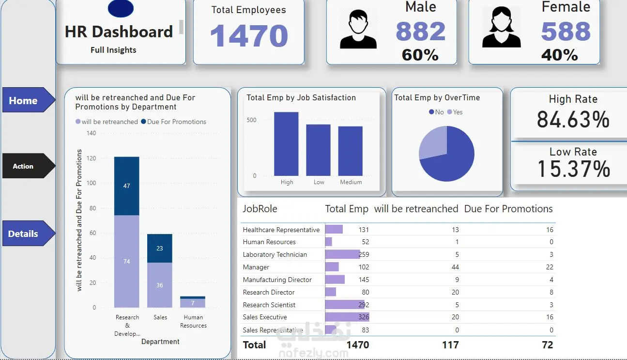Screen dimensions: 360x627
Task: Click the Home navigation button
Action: click(x=27, y=100)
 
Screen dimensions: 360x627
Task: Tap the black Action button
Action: click(x=27, y=166)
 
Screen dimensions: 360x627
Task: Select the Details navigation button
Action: click(x=27, y=234)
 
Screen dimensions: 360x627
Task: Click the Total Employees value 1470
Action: click(x=249, y=36)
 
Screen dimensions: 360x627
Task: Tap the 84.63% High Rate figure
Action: click(x=573, y=119)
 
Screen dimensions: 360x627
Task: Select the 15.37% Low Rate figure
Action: click(x=574, y=169)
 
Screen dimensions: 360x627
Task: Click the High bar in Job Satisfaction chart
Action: click(x=286, y=144)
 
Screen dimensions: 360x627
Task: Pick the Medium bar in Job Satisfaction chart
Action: click(x=351, y=151)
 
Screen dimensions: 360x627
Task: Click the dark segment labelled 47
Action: click(x=126, y=186)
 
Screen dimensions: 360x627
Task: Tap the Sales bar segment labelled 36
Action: click(x=160, y=285)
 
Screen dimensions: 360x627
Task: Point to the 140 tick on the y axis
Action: click(x=92, y=133)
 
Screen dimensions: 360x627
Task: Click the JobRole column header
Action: click(x=260, y=209)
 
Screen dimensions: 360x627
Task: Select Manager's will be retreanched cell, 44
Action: click(x=454, y=267)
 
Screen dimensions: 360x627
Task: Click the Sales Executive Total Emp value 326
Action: click(x=363, y=317)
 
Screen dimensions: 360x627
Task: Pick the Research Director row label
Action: click(x=269, y=292)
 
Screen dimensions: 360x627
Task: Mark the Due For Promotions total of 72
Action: click(x=547, y=345)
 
